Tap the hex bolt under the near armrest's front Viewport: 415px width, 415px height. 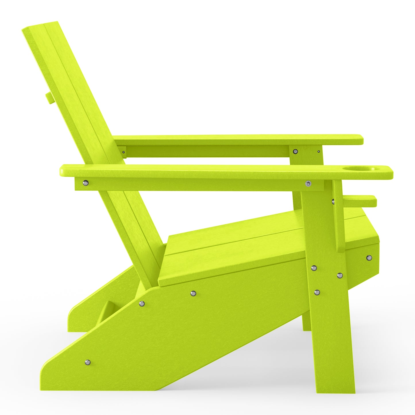click(308, 183)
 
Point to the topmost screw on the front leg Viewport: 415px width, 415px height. click(314, 268)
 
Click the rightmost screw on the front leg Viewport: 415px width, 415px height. click(340, 275)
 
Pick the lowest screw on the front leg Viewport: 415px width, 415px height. click(316, 292)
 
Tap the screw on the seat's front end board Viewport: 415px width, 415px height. click(369, 258)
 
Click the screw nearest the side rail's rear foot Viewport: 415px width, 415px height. click(88, 362)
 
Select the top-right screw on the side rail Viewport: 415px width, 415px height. click(193, 293)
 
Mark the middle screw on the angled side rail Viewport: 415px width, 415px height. click(142, 303)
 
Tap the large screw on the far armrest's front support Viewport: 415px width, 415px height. click(295, 151)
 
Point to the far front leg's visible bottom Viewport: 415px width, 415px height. click(307, 329)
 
